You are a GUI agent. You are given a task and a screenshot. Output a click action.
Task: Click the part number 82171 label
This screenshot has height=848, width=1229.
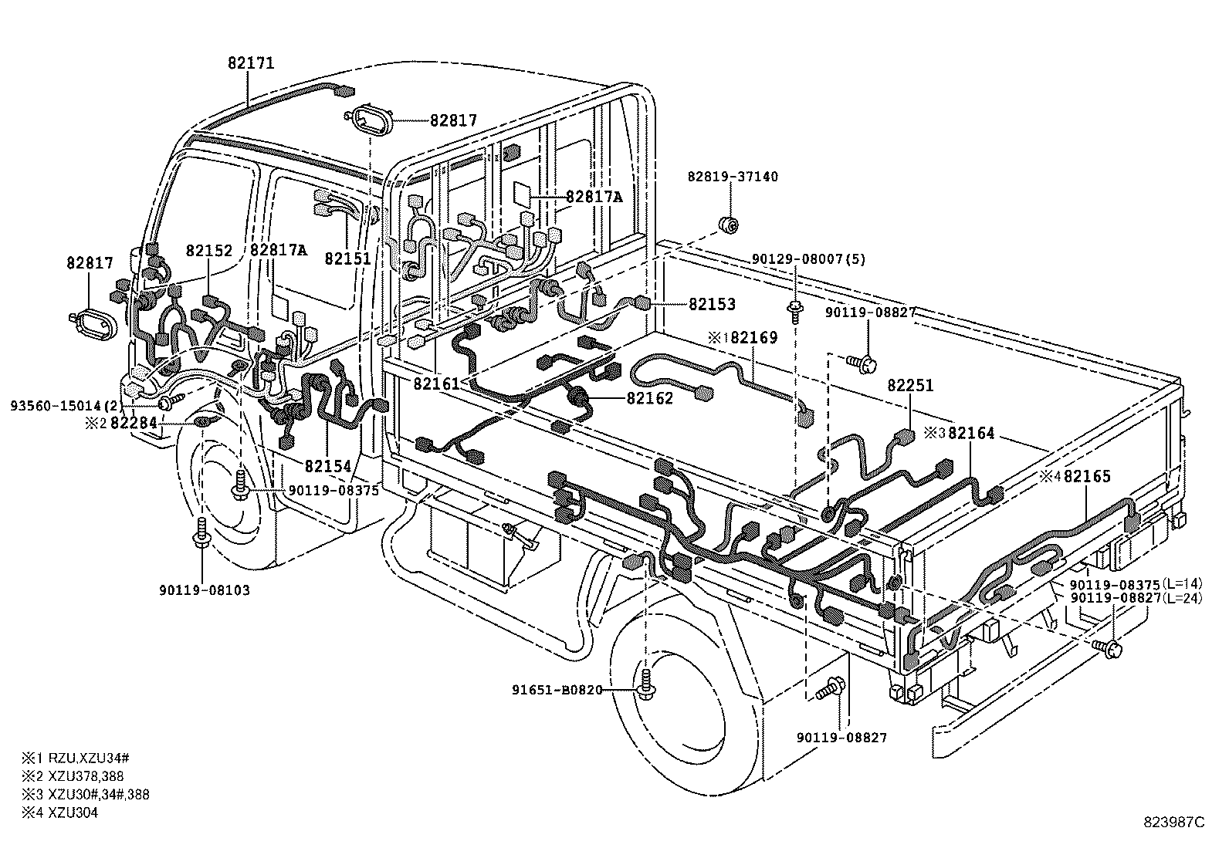pyautogui.click(x=251, y=63)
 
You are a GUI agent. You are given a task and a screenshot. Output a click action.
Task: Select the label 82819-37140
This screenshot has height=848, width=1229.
pyautogui.click(x=733, y=177)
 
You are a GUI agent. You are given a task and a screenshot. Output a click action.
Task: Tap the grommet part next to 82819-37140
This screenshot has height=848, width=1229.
pyautogui.click(x=729, y=225)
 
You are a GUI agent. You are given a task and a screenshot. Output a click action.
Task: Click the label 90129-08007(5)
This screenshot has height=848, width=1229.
pyautogui.click(x=810, y=259)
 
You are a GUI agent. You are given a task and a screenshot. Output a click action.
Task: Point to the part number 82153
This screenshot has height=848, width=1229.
pyautogui.click(x=712, y=305)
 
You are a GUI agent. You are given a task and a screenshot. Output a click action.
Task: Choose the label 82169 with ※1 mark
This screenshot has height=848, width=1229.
pyautogui.click(x=745, y=338)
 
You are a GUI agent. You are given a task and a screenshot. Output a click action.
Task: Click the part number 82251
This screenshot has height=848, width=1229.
pyautogui.click(x=910, y=385)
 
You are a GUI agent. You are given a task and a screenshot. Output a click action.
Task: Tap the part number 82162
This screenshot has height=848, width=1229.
pyautogui.click(x=650, y=398)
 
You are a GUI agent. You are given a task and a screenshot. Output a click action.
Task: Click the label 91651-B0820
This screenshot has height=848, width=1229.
pyautogui.click(x=557, y=689)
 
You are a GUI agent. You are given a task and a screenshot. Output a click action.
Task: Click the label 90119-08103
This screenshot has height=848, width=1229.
pyautogui.click(x=205, y=590)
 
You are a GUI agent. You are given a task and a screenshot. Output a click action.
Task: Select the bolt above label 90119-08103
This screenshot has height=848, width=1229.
pyautogui.click(x=201, y=533)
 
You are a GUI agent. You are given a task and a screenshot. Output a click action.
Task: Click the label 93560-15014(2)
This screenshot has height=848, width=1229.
pyautogui.click(x=66, y=405)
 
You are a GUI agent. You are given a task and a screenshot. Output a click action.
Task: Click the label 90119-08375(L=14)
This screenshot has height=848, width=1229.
pyautogui.click(x=1136, y=585)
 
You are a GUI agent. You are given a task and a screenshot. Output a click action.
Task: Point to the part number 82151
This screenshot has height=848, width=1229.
pyautogui.click(x=348, y=258)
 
